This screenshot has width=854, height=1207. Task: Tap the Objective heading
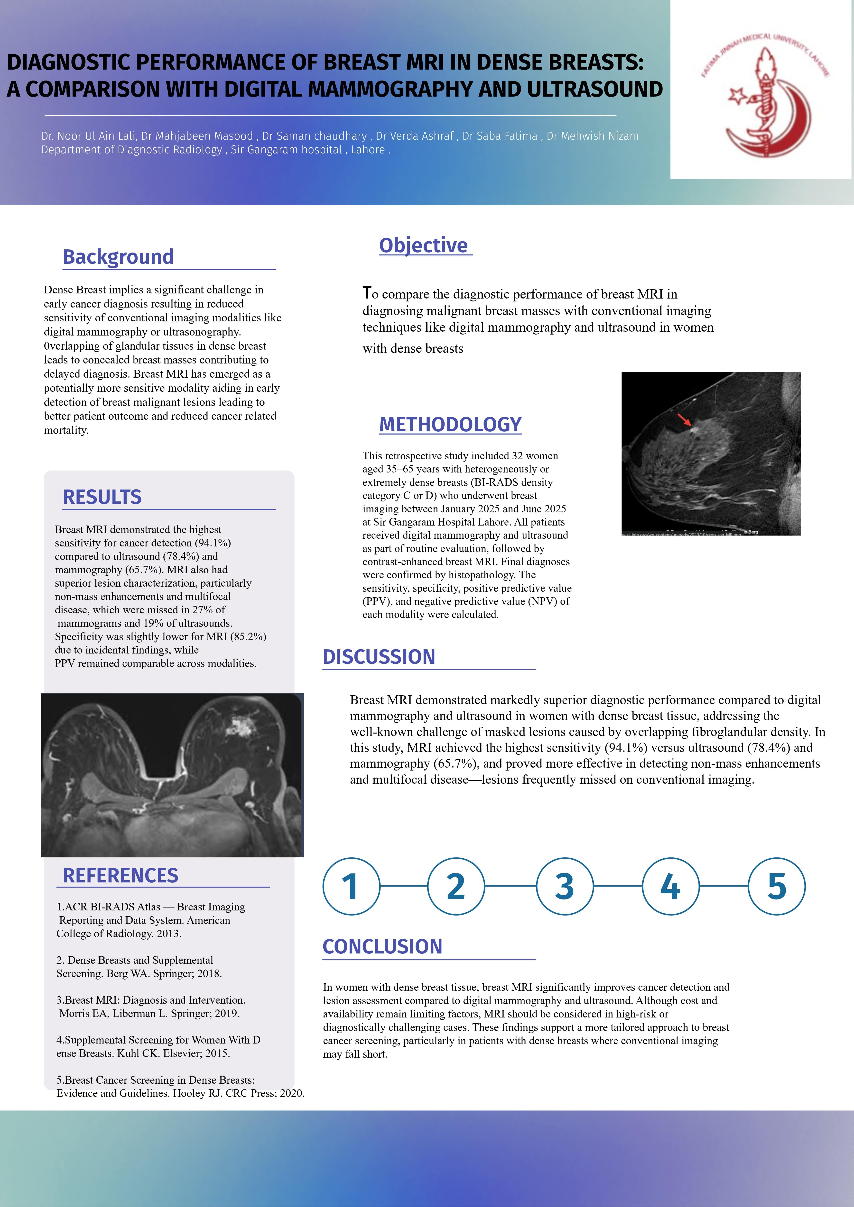pos(423,245)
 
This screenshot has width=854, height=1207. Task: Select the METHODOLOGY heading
pos(450,424)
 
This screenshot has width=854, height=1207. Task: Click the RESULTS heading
pos(102,497)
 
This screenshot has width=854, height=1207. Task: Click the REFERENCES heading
pos(121,875)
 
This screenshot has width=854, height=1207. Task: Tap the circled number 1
pos(351,886)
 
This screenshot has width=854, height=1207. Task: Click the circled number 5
pos(777,886)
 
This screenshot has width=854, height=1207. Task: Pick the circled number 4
pos(670,886)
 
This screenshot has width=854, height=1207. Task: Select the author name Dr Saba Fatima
pos(500,136)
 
